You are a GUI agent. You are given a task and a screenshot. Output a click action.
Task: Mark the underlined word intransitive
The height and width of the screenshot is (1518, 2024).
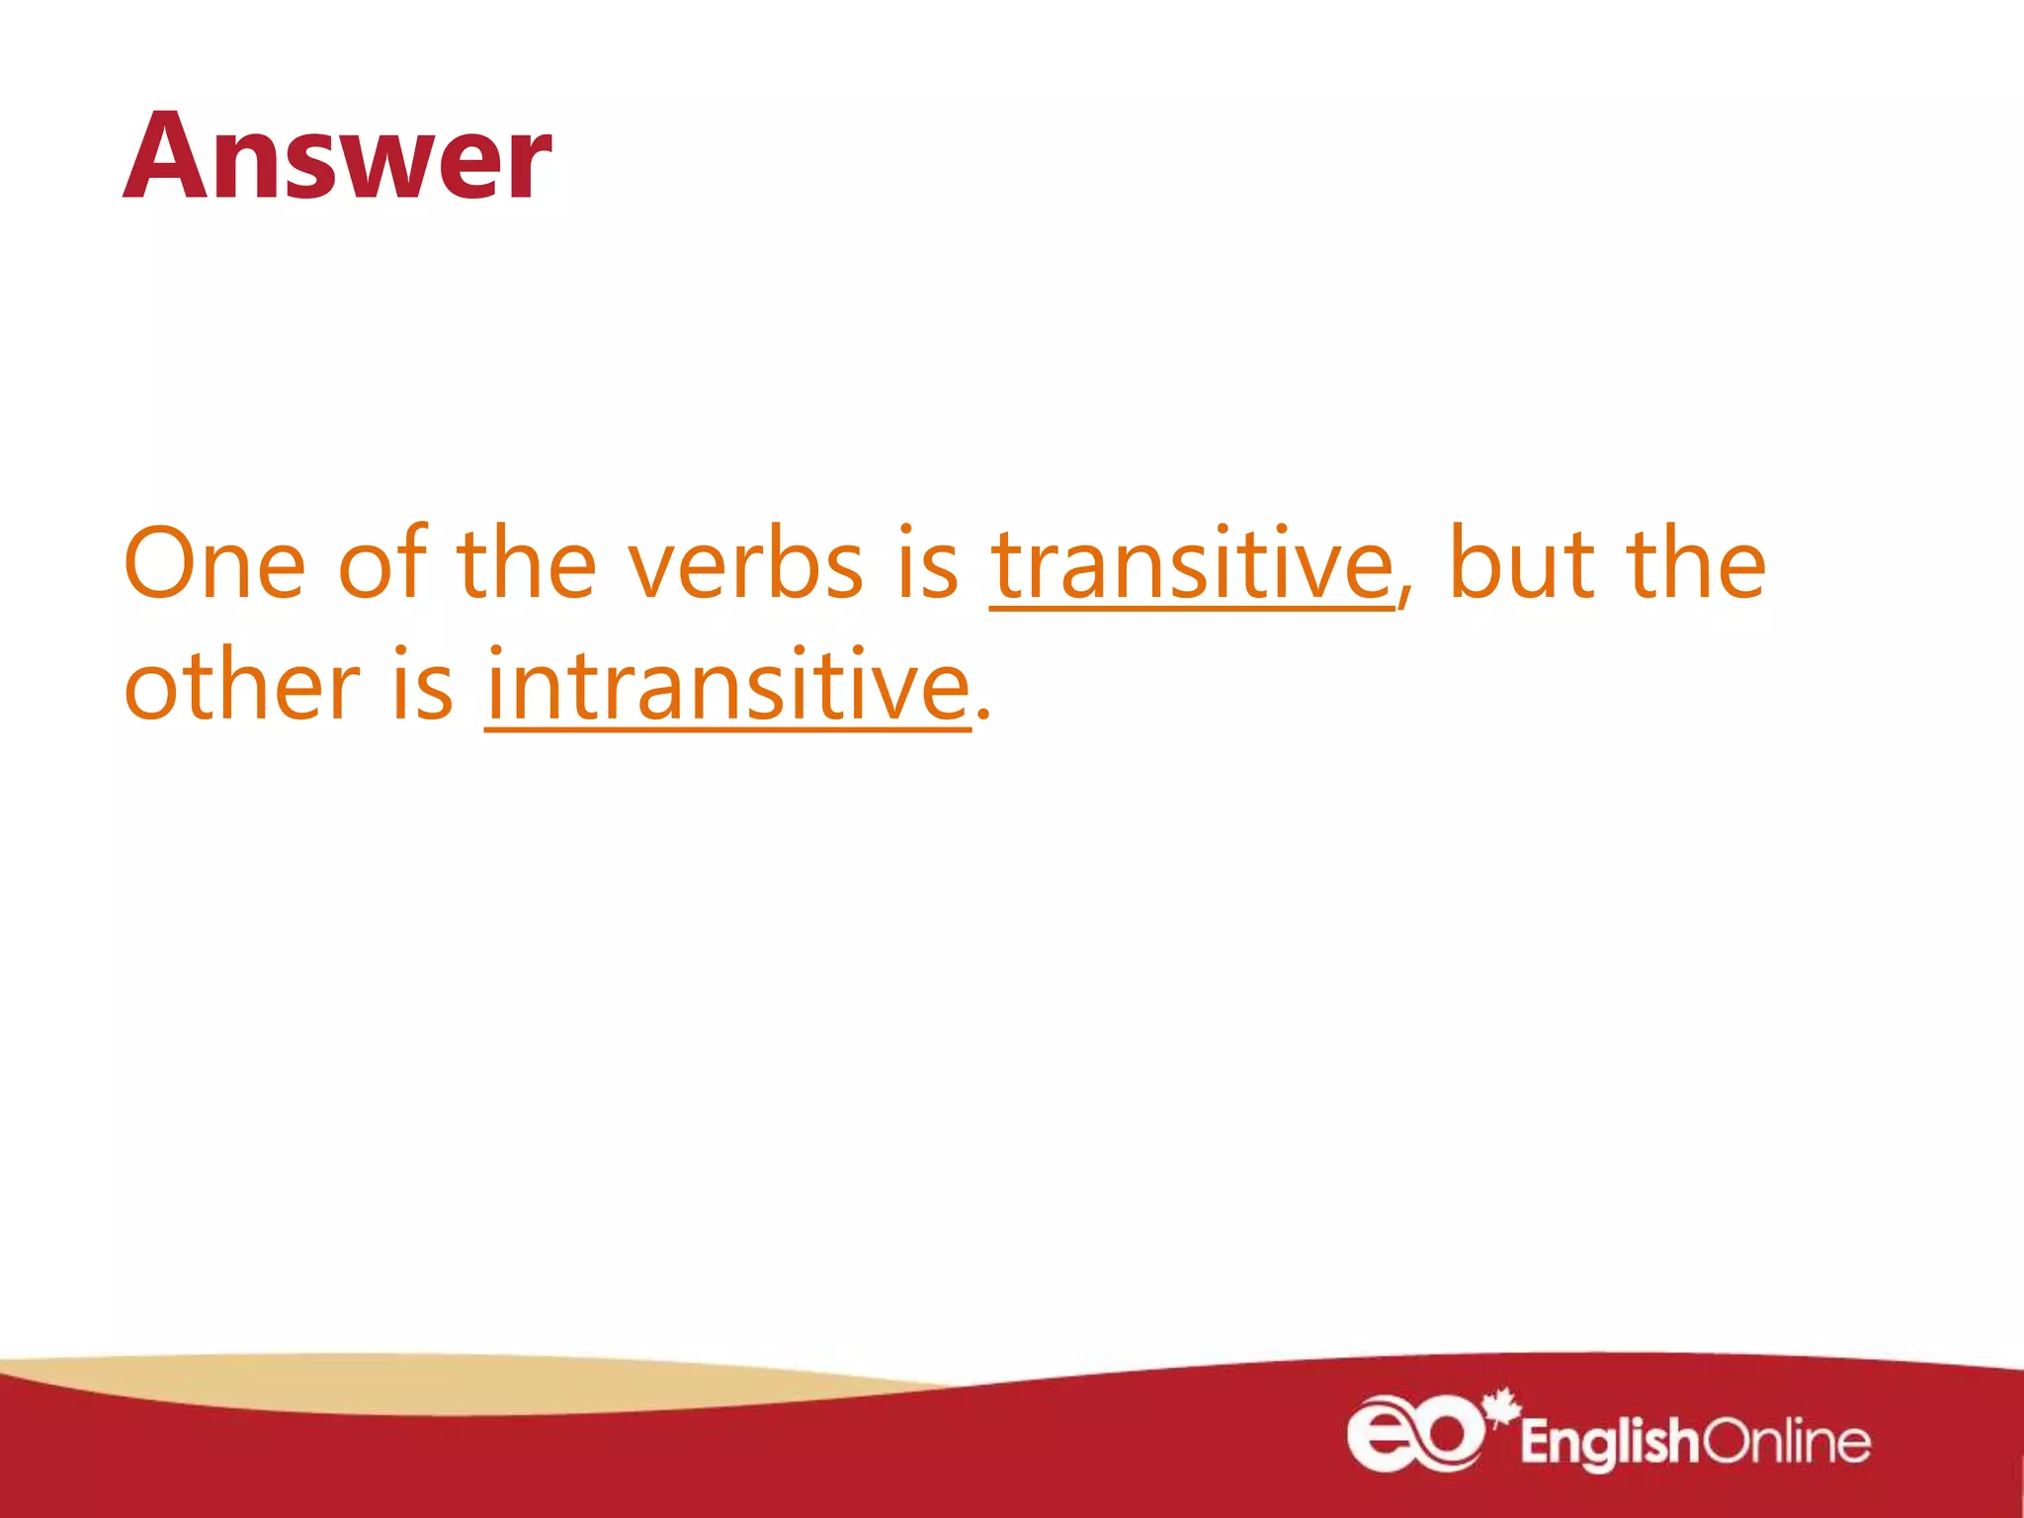(728, 684)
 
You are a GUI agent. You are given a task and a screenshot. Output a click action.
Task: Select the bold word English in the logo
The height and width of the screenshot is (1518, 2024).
(1609, 1442)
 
